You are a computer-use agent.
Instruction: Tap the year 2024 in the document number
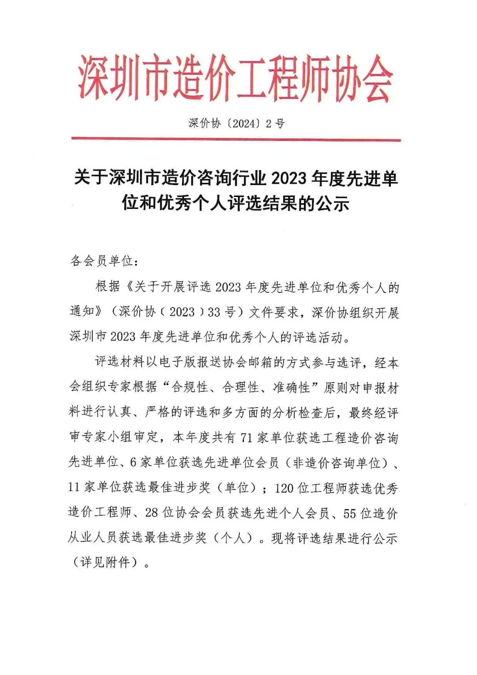coord(245,123)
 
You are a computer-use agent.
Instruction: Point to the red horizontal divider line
coord(236,140)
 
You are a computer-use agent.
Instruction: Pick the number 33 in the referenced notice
coord(214,312)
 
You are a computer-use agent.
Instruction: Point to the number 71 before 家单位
coord(246,438)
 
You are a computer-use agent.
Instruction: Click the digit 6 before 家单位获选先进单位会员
coord(133,463)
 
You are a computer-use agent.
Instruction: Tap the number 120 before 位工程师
coord(284,488)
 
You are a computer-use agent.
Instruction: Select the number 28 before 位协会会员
coord(151,512)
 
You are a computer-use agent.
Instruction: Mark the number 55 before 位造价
coord(349,513)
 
